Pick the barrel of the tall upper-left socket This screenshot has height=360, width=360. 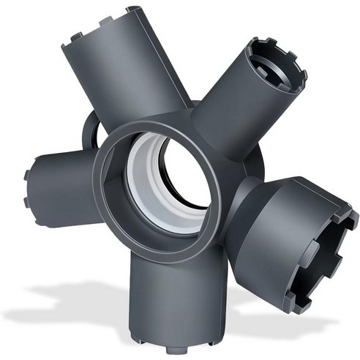point(117,73)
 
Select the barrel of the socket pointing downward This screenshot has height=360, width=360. point(165,293)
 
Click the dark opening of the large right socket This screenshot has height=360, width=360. point(338,241)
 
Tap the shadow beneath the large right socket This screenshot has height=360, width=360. point(293,322)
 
